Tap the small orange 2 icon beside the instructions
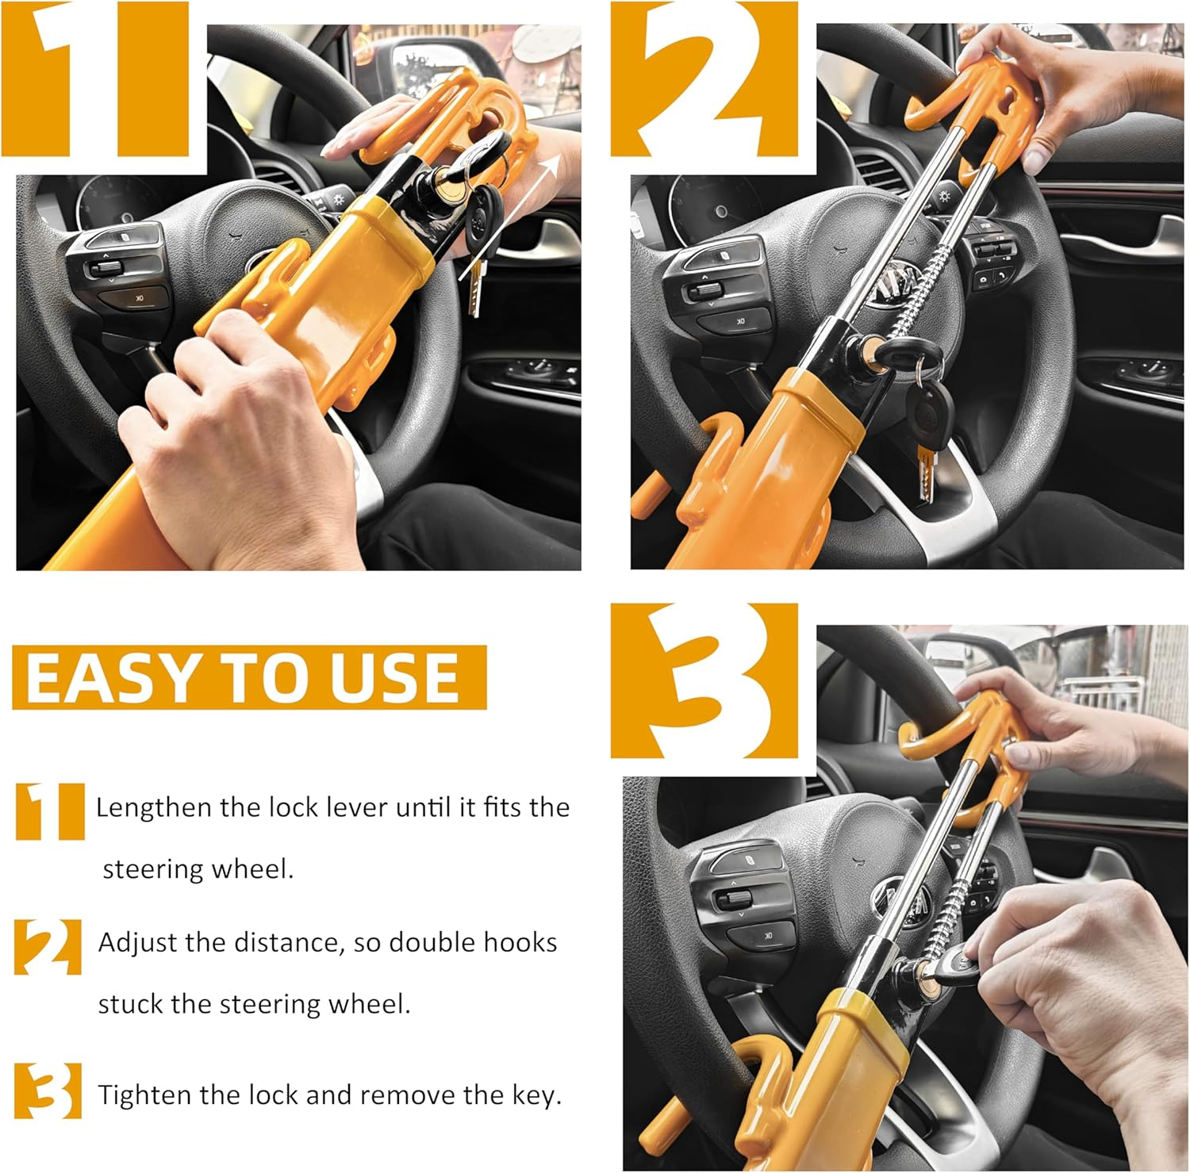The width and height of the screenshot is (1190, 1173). click(x=48, y=946)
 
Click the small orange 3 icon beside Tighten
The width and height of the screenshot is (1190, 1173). click(x=48, y=1091)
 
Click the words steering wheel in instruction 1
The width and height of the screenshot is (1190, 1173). click(x=198, y=869)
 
